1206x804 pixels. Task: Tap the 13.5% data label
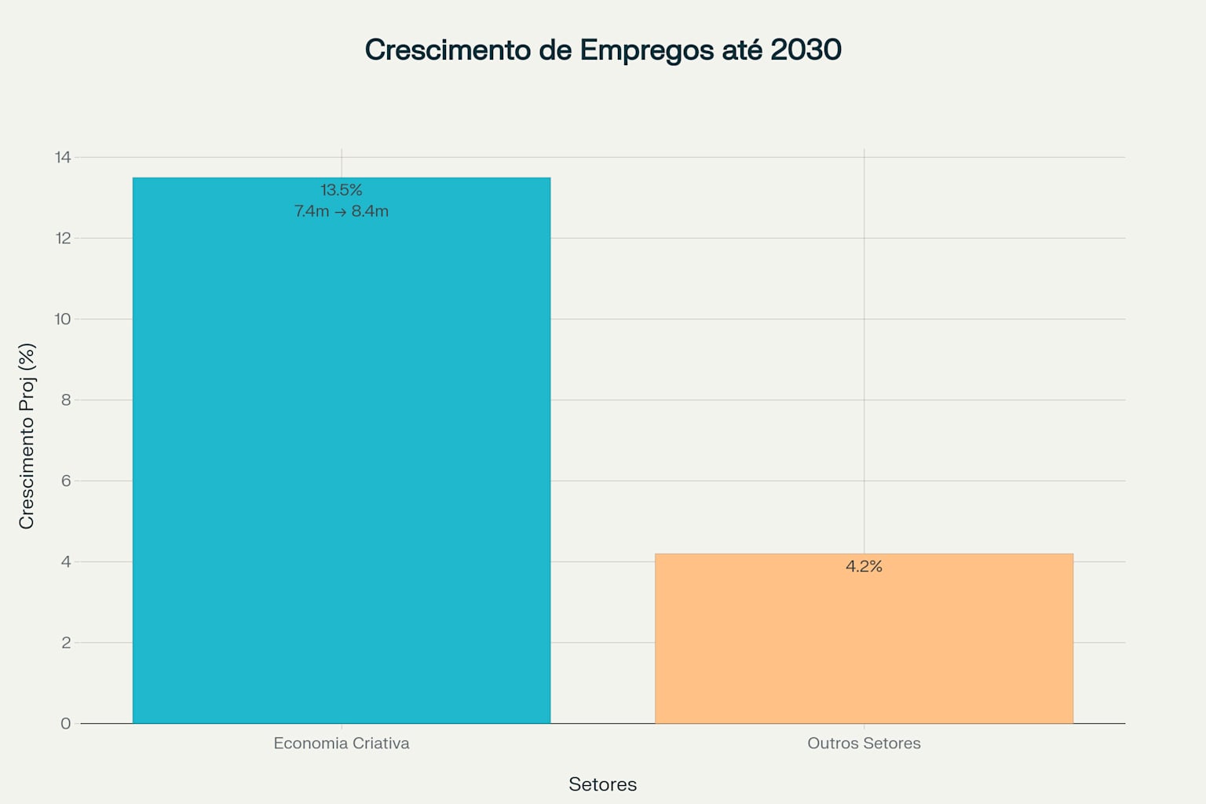(342, 190)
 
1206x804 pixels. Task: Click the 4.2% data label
(864, 566)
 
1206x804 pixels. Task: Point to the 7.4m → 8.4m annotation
(342, 211)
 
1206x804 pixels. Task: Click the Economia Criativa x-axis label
(342, 743)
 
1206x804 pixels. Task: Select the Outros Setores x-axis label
(864, 743)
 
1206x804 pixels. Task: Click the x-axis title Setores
(602, 784)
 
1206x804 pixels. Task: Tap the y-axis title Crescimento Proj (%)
(27, 436)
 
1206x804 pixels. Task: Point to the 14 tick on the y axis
(63, 157)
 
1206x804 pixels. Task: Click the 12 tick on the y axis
(63, 238)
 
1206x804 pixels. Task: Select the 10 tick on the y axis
(63, 319)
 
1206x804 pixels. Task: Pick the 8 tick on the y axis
(66, 400)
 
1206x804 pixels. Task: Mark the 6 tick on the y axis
(66, 481)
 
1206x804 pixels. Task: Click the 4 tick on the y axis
(66, 561)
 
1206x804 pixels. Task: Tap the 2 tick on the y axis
(66, 642)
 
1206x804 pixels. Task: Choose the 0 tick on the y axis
(66, 723)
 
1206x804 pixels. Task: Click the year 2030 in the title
(806, 49)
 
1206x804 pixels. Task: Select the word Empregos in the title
(647, 50)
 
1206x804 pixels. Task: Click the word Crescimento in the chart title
(448, 49)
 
